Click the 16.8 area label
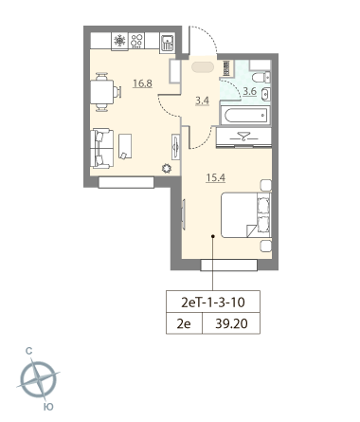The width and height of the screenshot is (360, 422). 117,83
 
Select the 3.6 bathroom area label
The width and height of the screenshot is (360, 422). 249,92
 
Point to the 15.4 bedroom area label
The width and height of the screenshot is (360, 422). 216,174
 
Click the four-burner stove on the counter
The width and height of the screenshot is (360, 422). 137,42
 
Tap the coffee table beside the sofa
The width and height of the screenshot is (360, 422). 125,146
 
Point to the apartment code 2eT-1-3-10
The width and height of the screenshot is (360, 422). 212,303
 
